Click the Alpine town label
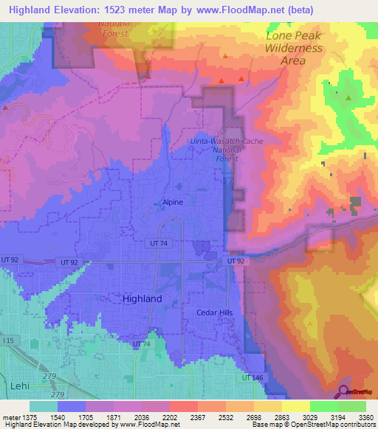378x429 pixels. coord(173,201)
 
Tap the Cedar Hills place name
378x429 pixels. coord(214,313)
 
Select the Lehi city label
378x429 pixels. coord(19,386)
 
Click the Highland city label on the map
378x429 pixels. coord(141,299)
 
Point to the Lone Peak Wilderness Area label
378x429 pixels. coord(294,48)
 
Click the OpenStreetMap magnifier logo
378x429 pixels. coord(345,391)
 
